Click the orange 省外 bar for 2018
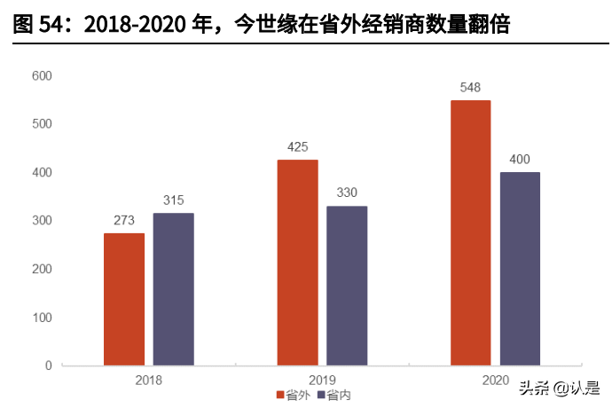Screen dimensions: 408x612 point(124,299)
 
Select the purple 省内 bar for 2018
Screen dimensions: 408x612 point(173,289)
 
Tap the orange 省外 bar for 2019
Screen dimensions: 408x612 point(297,263)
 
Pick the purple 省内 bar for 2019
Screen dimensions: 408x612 point(347,286)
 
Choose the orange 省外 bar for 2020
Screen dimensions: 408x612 point(470,232)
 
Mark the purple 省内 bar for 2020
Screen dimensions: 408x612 point(520,269)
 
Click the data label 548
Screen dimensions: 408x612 point(470,88)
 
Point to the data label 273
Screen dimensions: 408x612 point(124,221)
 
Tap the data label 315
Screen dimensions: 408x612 point(173,200)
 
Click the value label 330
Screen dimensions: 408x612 point(347,193)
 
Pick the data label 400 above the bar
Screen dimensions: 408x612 point(520,160)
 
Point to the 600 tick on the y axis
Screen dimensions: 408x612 point(42,76)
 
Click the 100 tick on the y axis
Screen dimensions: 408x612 point(42,318)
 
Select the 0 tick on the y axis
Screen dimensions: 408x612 point(48,365)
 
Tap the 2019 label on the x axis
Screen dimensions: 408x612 point(322,379)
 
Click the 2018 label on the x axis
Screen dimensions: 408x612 point(148,379)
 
